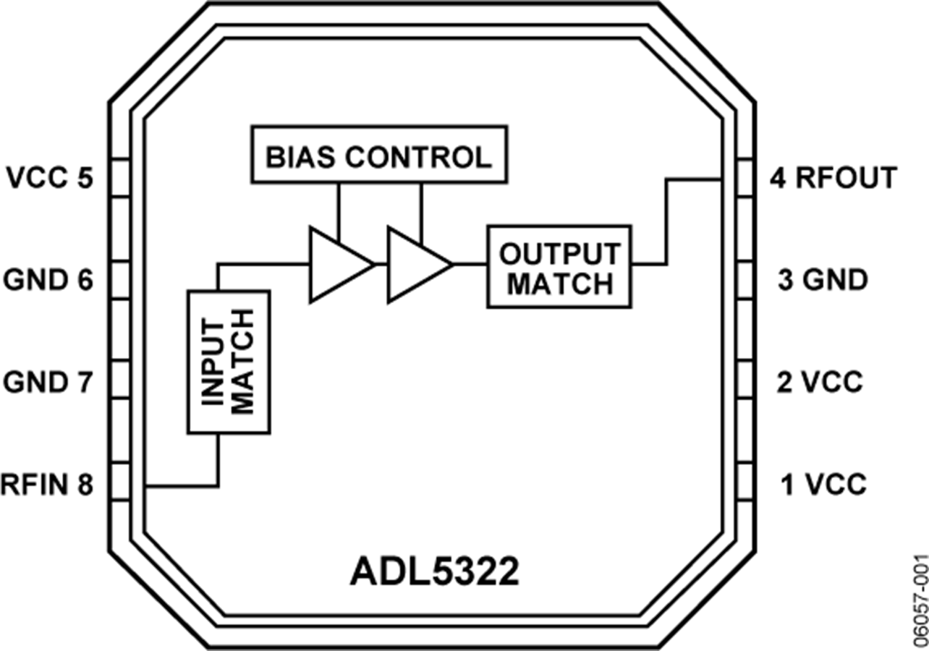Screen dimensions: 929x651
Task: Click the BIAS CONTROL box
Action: (x=379, y=154)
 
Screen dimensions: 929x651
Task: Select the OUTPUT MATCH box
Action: (x=559, y=267)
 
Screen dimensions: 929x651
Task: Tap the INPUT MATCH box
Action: (x=229, y=362)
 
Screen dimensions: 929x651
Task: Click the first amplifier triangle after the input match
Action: (x=341, y=265)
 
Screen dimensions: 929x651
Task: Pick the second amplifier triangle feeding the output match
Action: (x=420, y=265)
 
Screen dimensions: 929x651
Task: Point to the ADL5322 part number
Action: (x=434, y=572)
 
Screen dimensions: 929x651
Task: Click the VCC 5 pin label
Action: (x=50, y=178)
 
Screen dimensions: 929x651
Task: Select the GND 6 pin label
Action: (x=48, y=280)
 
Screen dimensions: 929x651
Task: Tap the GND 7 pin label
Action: (x=48, y=382)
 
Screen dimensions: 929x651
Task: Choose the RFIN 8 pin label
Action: (x=47, y=484)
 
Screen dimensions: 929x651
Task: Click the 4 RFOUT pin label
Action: (x=833, y=178)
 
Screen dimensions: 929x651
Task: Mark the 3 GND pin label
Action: (x=823, y=280)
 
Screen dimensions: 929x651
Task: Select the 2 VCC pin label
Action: (x=820, y=382)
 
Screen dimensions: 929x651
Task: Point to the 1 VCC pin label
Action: (x=823, y=484)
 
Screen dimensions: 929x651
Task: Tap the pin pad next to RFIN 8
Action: (x=121, y=482)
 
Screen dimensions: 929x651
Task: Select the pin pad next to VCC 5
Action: (x=121, y=178)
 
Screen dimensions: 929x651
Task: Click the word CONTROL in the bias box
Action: (x=418, y=157)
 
